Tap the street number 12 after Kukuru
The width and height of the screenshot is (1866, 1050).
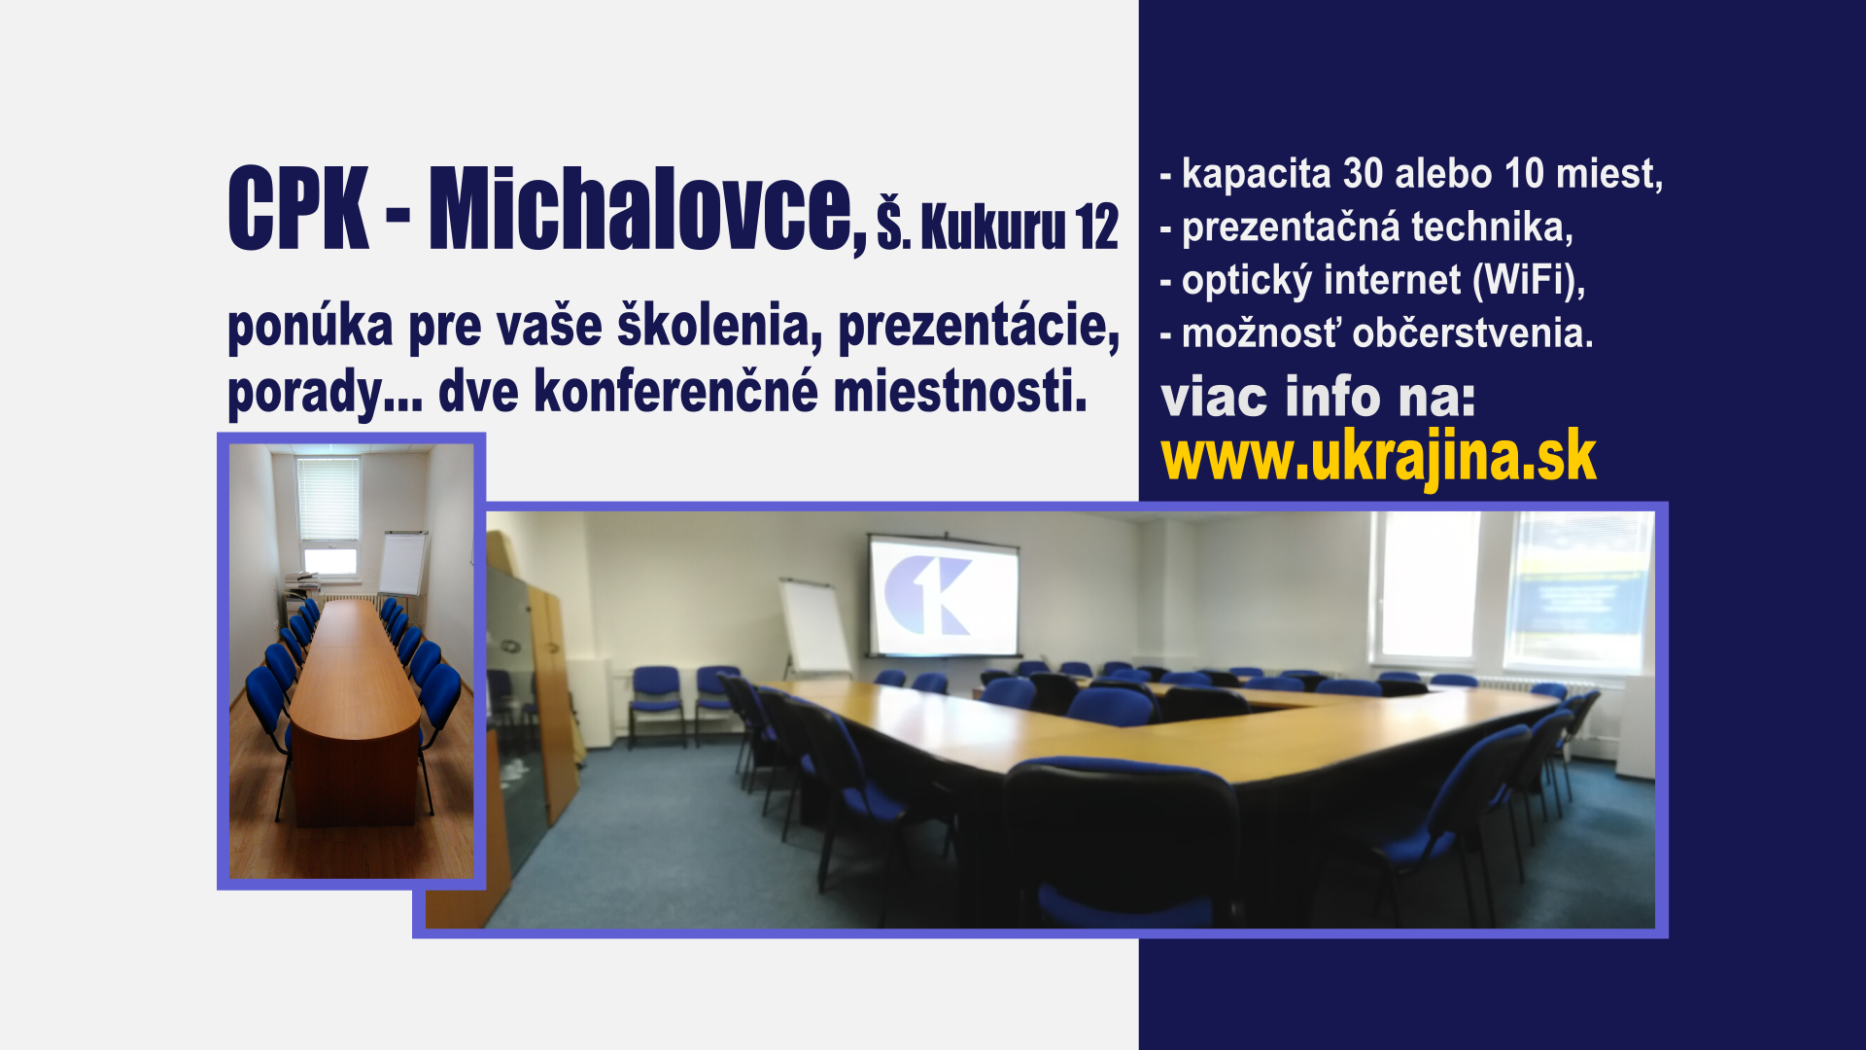(x=1096, y=227)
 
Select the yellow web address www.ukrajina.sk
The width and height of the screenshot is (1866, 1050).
(x=1378, y=457)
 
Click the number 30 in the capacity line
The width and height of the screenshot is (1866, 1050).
(x=1363, y=174)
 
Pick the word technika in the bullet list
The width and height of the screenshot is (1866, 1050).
(x=1492, y=227)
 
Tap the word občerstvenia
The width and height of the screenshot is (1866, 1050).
(x=1472, y=333)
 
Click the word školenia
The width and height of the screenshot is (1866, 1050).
(x=720, y=326)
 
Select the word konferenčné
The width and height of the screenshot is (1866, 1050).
(x=676, y=392)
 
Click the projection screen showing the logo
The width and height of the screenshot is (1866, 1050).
(x=943, y=596)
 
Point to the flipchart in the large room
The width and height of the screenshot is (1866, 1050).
(x=814, y=627)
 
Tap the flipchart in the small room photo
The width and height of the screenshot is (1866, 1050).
(x=402, y=563)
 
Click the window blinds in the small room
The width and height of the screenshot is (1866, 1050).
(x=328, y=500)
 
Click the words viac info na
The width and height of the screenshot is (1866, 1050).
(x=1318, y=398)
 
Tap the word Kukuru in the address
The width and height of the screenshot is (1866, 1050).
(x=992, y=227)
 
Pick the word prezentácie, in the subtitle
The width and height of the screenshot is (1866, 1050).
(x=979, y=328)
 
